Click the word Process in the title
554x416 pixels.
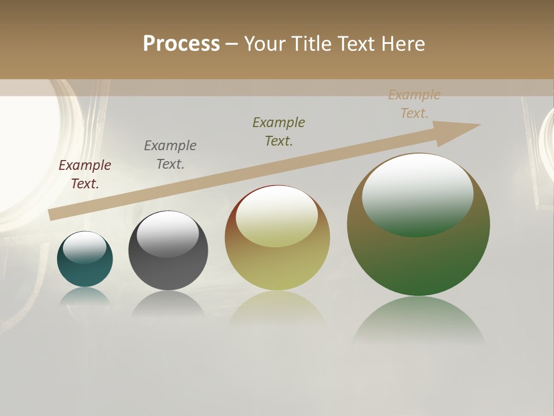pyautogui.click(x=181, y=43)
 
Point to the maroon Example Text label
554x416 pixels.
pyautogui.click(x=85, y=174)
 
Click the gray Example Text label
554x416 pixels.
pyautogui.click(x=170, y=155)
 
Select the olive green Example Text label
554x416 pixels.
pyautogui.click(x=279, y=132)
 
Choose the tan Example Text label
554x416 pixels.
pyautogui.click(x=414, y=104)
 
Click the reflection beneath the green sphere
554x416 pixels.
pyautogui.click(x=418, y=321)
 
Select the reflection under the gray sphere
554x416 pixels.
pyautogui.click(x=168, y=303)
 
